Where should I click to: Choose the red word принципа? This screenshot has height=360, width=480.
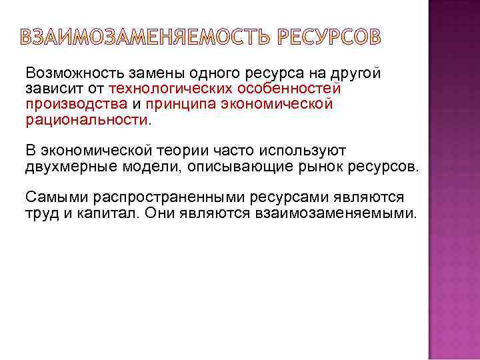177,105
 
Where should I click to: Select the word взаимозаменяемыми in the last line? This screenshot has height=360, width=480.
335,213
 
